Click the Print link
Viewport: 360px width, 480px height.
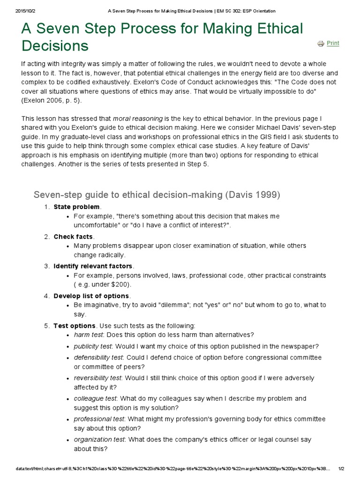[333, 43]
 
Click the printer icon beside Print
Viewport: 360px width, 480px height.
[321, 44]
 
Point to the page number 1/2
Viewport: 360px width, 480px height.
[341, 468]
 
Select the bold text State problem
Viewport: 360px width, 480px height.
[77, 207]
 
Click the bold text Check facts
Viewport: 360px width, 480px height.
[74, 236]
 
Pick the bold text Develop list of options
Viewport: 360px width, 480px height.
[91, 296]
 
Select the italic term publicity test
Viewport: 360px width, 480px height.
[92, 346]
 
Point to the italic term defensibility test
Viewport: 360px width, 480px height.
[97, 357]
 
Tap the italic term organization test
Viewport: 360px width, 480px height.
[99, 440]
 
